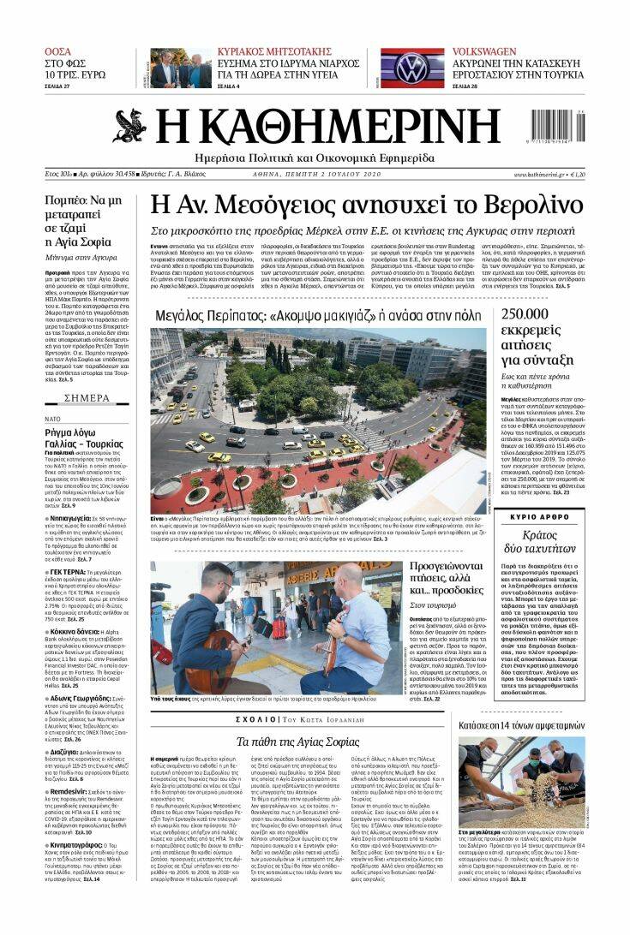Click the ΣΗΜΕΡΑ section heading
tap(87, 398)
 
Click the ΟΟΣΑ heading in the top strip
tap(58, 52)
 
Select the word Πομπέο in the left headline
tap(67, 200)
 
